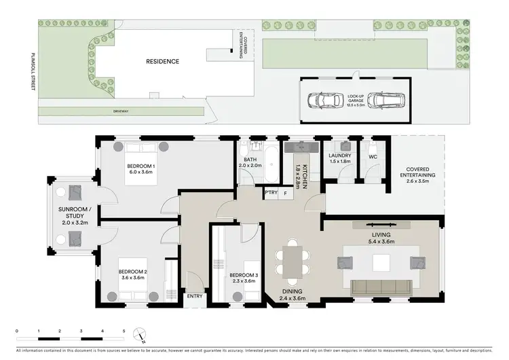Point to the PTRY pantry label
[x=271, y=193]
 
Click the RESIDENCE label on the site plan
[x=163, y=61]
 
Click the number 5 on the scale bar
[x=124, y=331]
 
